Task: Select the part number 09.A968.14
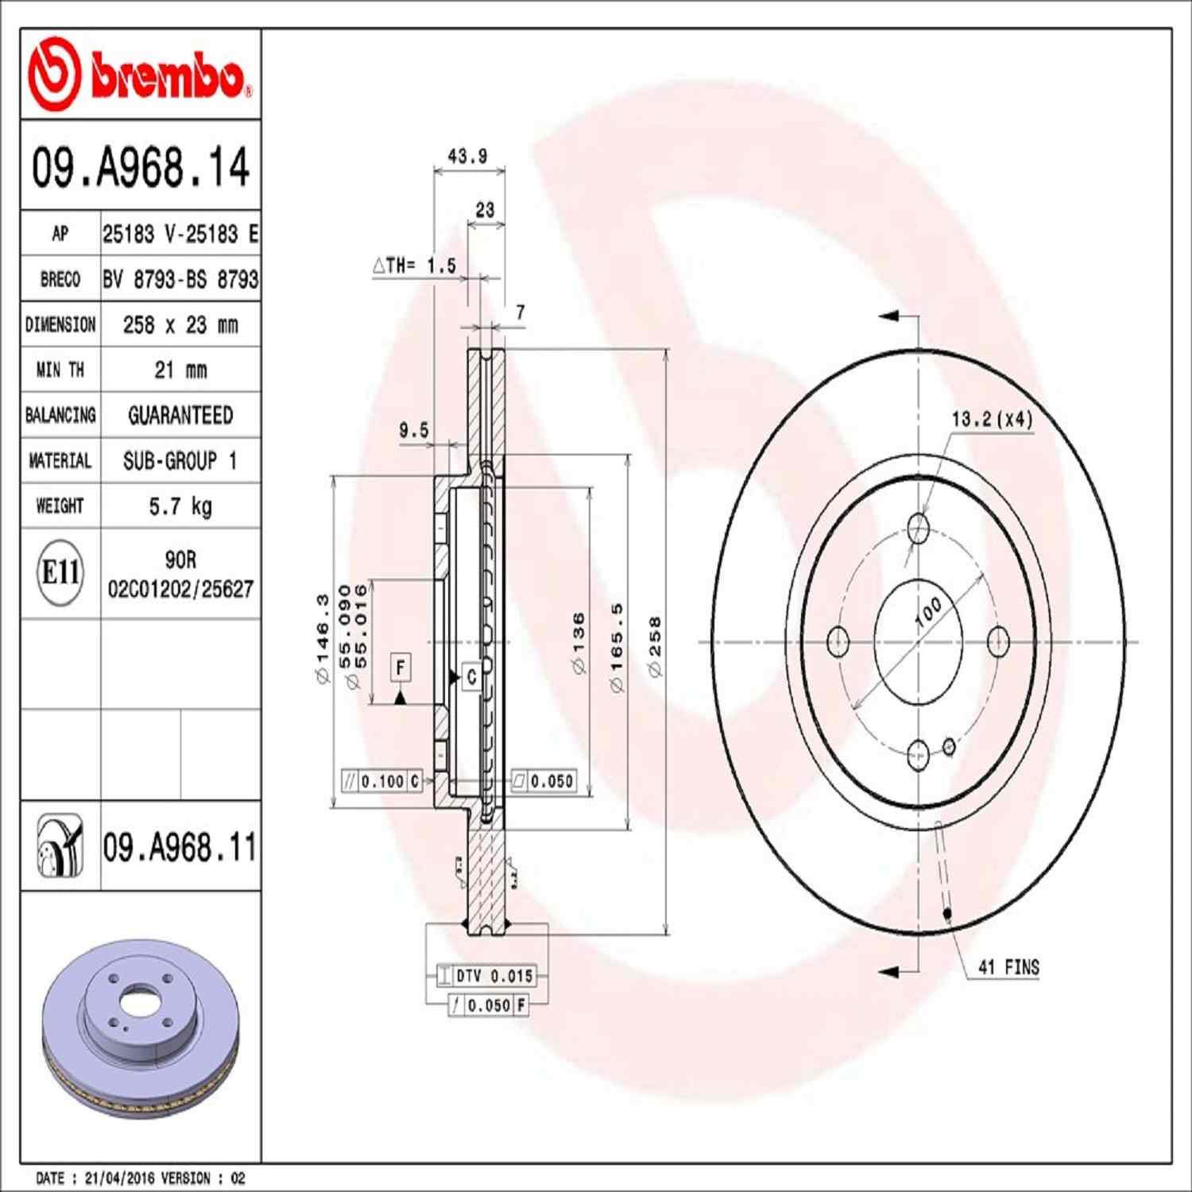[140, 167]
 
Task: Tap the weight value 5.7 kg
[180, 506]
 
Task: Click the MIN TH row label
[60, 370]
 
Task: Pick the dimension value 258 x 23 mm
[180, 324]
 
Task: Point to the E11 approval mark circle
[60, 572]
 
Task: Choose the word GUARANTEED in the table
[180, 415]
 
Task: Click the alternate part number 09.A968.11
[180, 847]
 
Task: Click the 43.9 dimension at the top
[467, 157]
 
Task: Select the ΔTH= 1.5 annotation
[414, 265]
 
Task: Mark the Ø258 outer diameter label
[655, 646]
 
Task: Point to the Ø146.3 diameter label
[322, 638]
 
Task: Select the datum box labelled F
[401, 668]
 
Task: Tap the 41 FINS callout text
[1008, 967]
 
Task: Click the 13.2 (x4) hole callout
[993, 419]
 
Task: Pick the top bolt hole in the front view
[919, 527]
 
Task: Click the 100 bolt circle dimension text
[928, 611]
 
